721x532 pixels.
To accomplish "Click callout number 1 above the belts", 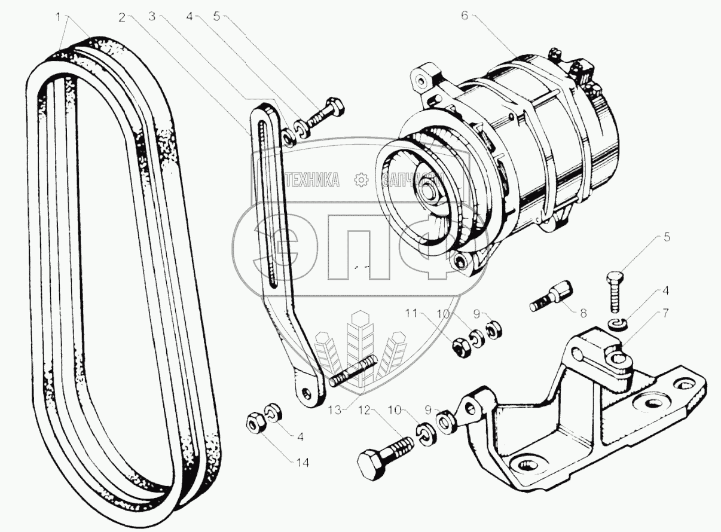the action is click(x=59, y=17).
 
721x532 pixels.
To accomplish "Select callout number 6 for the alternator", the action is click(x=464, y=16).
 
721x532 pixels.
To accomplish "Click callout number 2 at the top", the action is click(x=121, y=17).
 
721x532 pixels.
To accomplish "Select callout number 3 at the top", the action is click(x=152, y=17).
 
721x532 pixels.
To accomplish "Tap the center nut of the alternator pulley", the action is click(x=429, y=194).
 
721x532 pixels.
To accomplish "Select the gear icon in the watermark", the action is click(x=360, y=179).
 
